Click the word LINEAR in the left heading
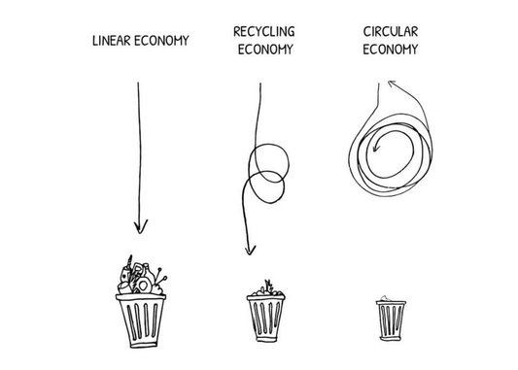[x=112, y=42]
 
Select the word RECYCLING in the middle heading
[x=263, y=32]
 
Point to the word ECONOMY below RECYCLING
[x=263, y=50]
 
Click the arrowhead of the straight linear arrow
[x=142, y=226]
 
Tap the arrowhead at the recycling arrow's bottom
[x=250, y=249]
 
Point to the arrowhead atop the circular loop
[x=393, y=86]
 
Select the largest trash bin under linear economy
[x=142, y=320]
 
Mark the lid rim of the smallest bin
[x=390, y=302]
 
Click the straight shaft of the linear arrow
[x=140, y=146]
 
